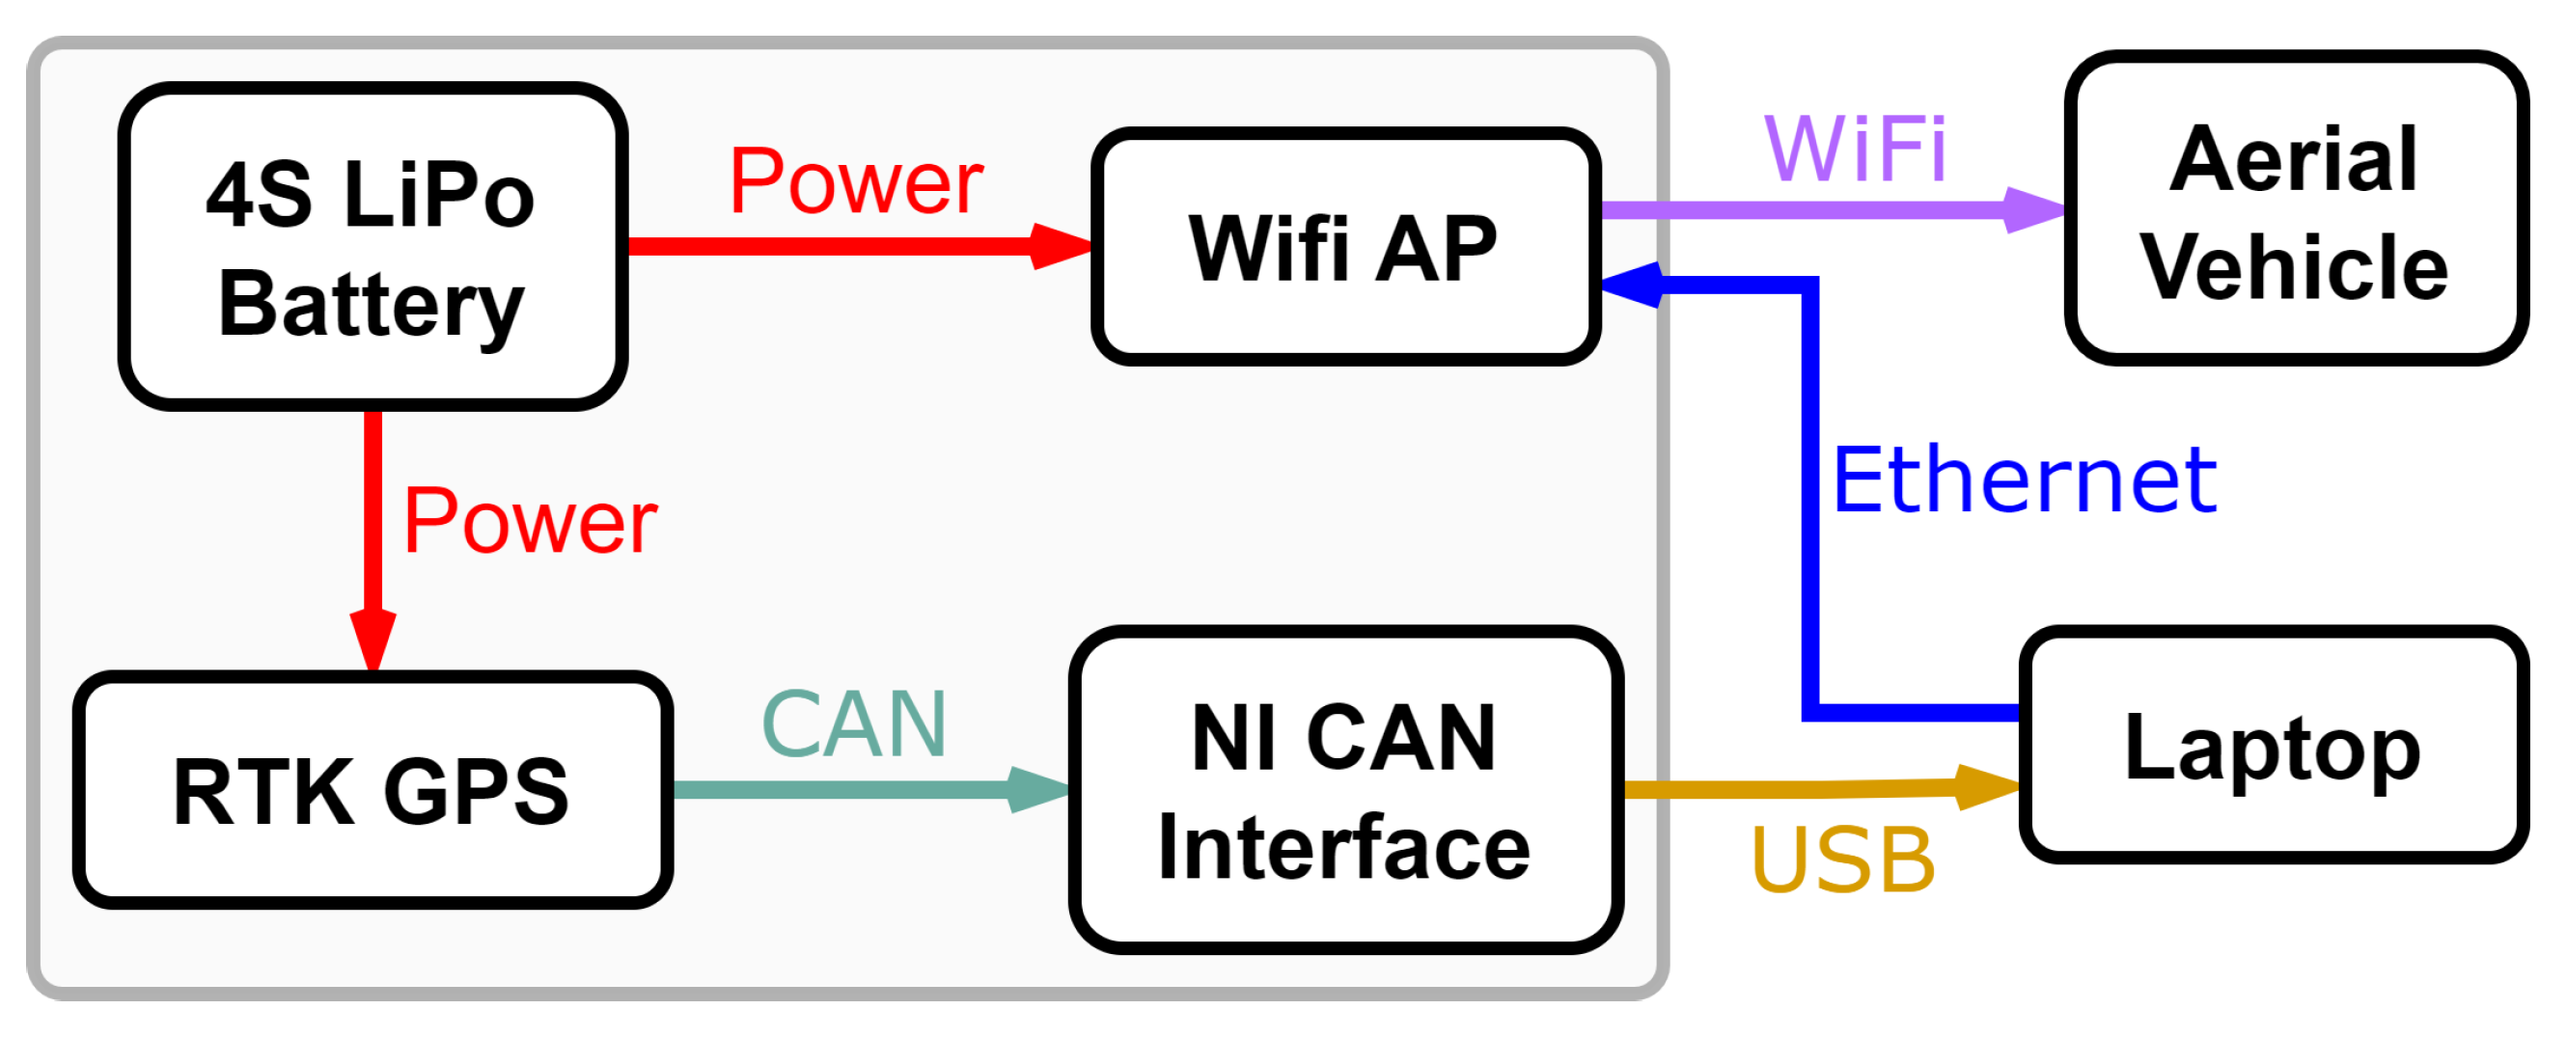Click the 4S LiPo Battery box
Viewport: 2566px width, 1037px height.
pyautogui.click(x=372, y=246)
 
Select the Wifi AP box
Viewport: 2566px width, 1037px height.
pyautogui.click(x=1344, y=246)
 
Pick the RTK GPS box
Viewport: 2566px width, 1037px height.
pyautogui.click(x=372, y=790)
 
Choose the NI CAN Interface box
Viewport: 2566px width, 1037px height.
pyautogui.click(x=1344, y=790)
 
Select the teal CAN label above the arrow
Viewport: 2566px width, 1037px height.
pyautogui.click(x=854, y=724)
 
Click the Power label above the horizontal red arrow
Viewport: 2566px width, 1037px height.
pyautogui.click(x=856, y=181)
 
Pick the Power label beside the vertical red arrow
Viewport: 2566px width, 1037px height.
pyautogui.click(x=529, y=521)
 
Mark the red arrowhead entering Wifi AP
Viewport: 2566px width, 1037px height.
pyautogui.click(x=1060, y=246)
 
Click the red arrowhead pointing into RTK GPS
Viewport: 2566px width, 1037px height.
pyautogui.click(x=372, y=640)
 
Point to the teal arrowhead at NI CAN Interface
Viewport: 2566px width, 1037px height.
pyautogui.click(x=1038, y=790)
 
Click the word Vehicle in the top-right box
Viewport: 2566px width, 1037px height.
pyautogui.click(x=2295, y=267)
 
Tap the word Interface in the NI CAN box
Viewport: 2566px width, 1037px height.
pyautogui.click(x=1344, y=847)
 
